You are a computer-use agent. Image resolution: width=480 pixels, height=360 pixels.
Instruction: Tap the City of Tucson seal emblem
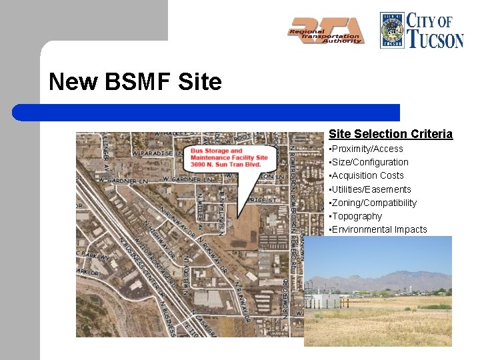(392, 30)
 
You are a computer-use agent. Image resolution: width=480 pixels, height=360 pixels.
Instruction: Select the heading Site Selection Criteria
(390, 134)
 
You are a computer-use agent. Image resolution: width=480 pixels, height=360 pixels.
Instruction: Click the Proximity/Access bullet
(367, 149)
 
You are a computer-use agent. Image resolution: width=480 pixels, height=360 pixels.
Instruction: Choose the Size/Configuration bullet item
(369, 162)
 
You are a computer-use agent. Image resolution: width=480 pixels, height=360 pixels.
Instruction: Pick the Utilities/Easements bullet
(371, 189)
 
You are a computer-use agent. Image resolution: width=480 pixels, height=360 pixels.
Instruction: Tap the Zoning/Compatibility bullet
(373, 203)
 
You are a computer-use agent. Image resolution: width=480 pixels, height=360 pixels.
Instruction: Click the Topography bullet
(356, 216)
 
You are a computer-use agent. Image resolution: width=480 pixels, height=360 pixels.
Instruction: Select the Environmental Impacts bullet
(379, 229)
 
